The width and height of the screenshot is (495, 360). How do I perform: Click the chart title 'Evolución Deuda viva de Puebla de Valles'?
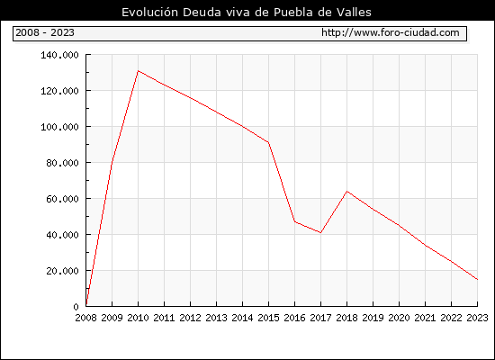click(247, 12)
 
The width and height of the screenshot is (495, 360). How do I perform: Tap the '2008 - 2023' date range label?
click(45, 32)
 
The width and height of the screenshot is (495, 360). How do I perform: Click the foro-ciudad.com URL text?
click(391, 32)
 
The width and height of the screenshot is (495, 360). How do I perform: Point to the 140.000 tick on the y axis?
click(59, 55)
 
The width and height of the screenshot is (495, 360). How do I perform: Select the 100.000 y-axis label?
click(59, 127)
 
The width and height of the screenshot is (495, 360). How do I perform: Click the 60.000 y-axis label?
click(62, 199)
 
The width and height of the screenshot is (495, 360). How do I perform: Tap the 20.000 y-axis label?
click(62, 271)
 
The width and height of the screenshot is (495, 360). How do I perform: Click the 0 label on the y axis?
click(76, 307)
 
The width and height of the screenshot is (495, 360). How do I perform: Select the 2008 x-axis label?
click(85, 318)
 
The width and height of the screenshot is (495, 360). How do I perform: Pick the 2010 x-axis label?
click(138, 318)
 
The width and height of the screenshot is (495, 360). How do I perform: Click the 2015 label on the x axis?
click(269, 318)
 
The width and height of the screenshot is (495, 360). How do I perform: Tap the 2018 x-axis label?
click(346, 318)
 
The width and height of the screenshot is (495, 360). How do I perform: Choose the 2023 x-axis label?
click(477, 318)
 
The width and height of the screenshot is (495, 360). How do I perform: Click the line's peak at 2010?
click(139, 71)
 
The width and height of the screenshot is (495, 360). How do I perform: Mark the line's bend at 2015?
click(269, 142)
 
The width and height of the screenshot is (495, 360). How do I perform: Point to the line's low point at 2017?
click(320, 233)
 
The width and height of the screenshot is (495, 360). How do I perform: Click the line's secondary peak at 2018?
click(346, 191)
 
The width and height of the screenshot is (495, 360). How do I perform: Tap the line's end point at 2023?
click(478, 280)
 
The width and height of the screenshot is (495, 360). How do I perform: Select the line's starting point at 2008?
click(86, 305)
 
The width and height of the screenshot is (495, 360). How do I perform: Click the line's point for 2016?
click(295, 221)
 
